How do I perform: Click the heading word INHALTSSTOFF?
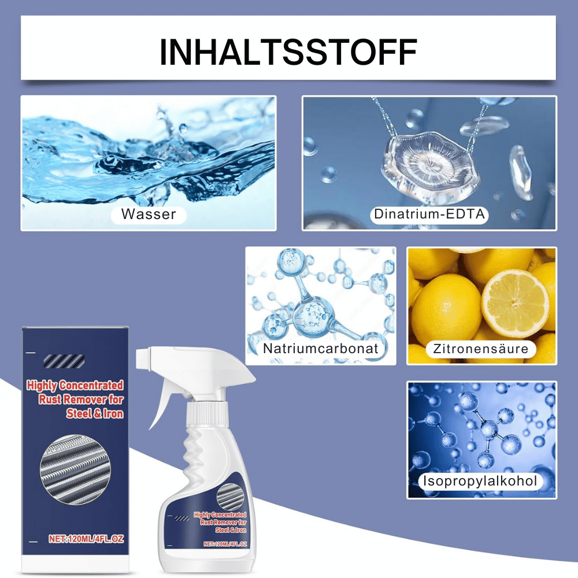[288, 52]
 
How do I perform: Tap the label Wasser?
[149, 214]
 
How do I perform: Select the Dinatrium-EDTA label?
[429, 214]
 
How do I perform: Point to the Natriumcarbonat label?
[321, 349]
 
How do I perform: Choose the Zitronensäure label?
[481, 349]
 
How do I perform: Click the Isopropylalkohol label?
[480, 481]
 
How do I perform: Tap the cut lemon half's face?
[515, 303]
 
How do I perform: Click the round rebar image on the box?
[75, 469]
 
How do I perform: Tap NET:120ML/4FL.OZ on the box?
[86, 539]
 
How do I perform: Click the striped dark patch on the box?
[64, 361]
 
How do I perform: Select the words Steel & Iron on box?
[95, 414]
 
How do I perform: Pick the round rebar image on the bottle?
[230, 497]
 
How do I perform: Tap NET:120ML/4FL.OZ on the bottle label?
[225, 544]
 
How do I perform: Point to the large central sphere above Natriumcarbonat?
[313, 314]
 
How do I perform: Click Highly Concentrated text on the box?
[75, 385]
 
